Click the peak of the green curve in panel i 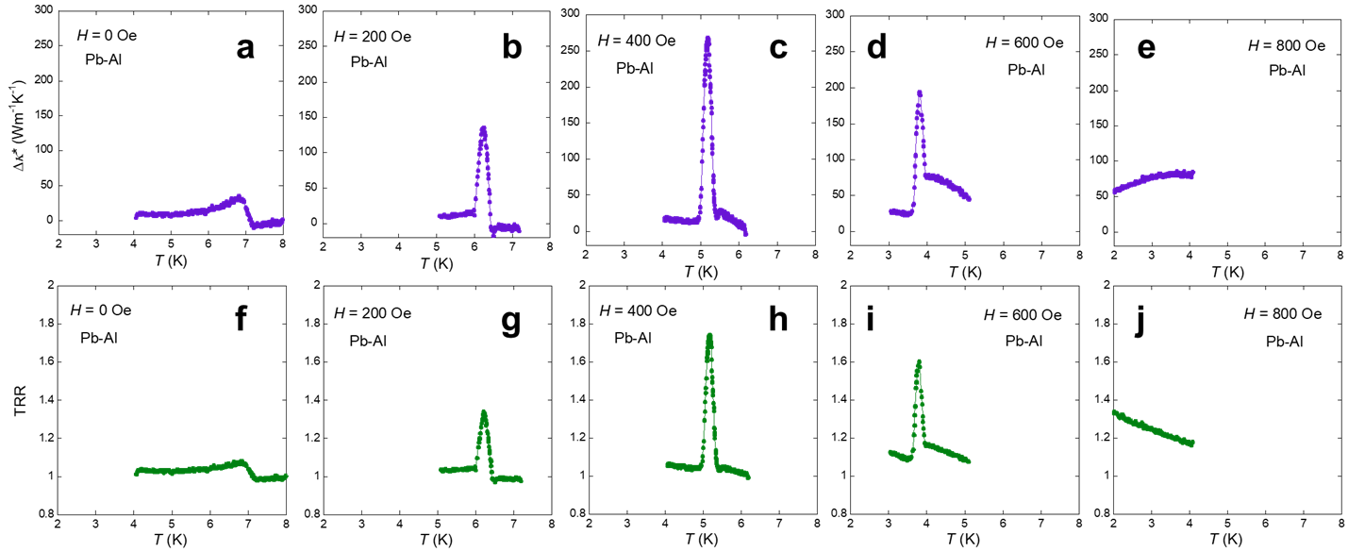point(918,361)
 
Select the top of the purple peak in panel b point(483,127)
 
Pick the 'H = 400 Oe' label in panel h point(637,312)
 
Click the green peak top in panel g point(483,411)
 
